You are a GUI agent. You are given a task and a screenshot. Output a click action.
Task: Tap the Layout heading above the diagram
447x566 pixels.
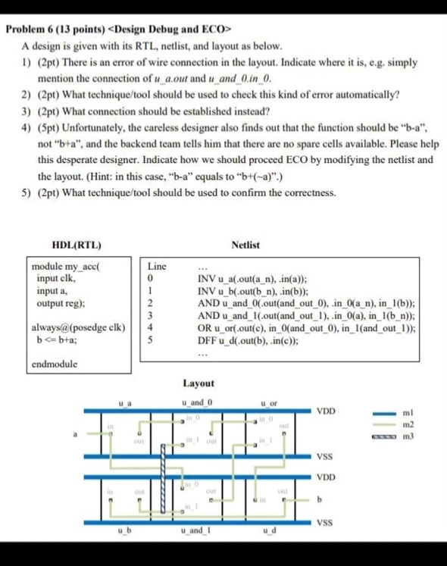point(198,384)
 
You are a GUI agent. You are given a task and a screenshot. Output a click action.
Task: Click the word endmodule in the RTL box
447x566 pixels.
point(53,363)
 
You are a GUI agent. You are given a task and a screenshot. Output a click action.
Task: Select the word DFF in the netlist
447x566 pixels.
point(207,339)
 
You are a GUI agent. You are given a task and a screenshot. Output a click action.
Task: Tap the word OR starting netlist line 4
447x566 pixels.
point(203,328)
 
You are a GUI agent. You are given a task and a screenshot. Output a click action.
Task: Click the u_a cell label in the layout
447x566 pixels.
point(126,402)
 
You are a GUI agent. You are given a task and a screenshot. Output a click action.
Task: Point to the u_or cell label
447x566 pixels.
point(269,402)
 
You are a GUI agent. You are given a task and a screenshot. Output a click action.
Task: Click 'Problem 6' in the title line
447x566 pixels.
point(30,30)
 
